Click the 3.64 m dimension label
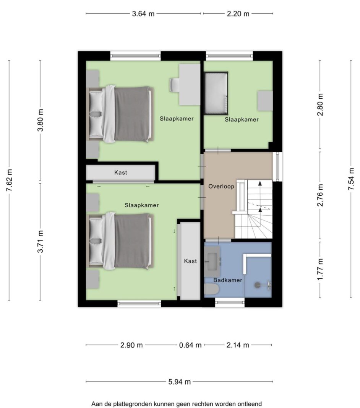[143, 13]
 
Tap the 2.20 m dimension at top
[238, 13]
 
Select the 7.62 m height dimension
[10, 180]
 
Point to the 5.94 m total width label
[180, 382]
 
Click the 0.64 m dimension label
[190, 345]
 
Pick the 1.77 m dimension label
[320, 269]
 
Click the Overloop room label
[221, 186]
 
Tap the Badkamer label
[228, 280]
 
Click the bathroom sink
[212, 261]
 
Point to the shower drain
[257, 285]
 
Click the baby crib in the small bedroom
[216, 93]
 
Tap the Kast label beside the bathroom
[190, 261]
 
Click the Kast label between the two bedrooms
[121, 172]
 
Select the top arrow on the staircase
[260, 184]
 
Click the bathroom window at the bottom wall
[230, 302]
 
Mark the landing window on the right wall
[277, 167]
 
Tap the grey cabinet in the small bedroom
[265, 101]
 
